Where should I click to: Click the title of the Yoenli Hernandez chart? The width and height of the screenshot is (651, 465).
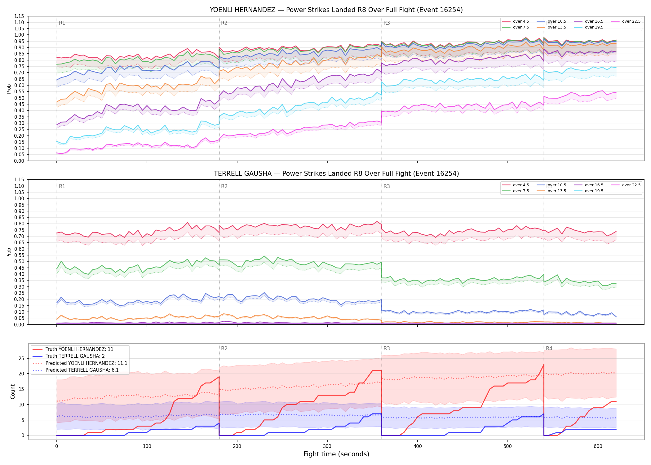point(336,10)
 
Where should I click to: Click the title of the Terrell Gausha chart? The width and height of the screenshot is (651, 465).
point(336,174)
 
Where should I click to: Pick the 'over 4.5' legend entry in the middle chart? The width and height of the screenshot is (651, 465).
point(516,185)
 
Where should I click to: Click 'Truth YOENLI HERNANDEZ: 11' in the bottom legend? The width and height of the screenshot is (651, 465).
point(73,349)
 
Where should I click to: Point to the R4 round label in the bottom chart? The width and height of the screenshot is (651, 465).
point(549,348)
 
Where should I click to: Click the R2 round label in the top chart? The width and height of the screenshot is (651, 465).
point(224,23)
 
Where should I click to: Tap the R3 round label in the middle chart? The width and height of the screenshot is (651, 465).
point(387,186)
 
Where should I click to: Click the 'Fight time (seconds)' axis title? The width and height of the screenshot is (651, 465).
point(336,454)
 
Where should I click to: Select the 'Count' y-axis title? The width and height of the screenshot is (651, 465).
point(13,392)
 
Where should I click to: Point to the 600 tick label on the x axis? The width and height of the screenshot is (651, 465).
point(598,446)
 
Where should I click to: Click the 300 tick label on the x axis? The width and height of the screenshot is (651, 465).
point(327,446)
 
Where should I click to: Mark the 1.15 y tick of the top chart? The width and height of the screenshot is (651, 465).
point(19,16)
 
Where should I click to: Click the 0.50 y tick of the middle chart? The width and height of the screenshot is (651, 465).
point(19,261)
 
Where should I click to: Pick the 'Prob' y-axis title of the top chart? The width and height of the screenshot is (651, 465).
point(9,89)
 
